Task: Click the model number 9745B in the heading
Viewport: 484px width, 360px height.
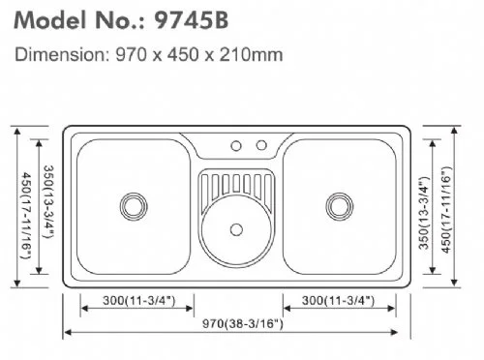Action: (191, 20)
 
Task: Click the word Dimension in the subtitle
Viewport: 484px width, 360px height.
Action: (60, 54)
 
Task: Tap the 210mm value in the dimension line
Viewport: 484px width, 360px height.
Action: (251, 54)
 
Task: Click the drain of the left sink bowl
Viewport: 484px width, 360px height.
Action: (134, 206)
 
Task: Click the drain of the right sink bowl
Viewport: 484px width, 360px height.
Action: (339, 206)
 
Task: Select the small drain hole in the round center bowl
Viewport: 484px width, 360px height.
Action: (236, 229)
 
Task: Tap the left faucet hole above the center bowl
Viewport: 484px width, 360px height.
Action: (236, 146)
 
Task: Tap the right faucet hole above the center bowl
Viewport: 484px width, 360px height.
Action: (261, 145)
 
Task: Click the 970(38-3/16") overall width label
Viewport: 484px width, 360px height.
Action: (242, 323)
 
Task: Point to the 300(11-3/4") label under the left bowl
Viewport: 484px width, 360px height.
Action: (138, 300)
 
